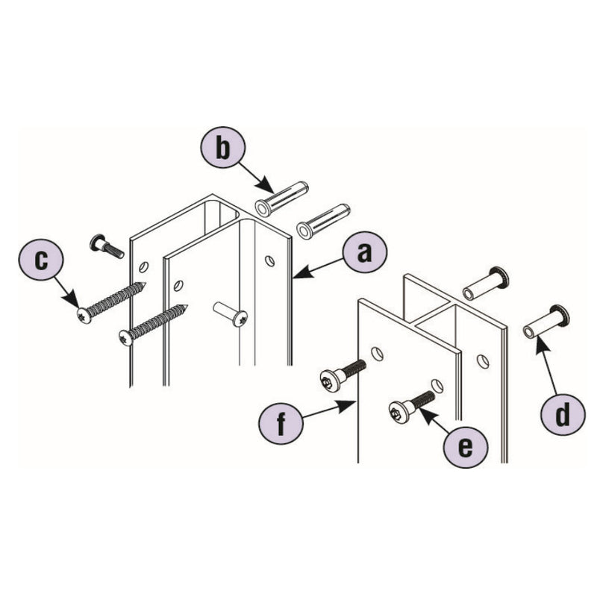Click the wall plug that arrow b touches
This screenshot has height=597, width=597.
click(x=280, y=199)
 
